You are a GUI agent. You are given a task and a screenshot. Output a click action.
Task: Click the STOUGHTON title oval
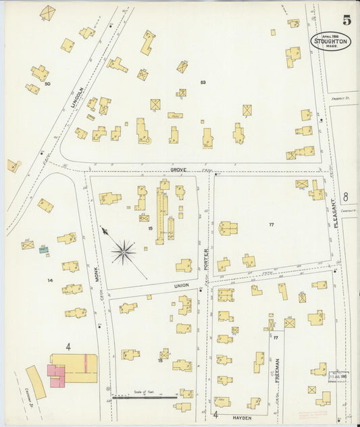330,41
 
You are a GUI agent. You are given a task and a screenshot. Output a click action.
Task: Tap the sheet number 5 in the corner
346,20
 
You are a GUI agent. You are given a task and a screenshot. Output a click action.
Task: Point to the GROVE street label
178,170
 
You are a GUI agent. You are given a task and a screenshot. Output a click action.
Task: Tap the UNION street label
181,285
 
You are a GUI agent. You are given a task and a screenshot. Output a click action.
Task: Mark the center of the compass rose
124,253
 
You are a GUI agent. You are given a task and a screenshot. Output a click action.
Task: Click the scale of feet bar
143,397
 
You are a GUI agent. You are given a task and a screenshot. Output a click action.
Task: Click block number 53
203,82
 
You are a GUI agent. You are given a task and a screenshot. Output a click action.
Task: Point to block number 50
47,84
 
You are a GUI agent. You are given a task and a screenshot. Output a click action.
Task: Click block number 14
49,280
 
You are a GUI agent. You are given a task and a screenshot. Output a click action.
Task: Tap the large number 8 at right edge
345,197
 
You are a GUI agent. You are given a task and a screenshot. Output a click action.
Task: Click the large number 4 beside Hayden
215,415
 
